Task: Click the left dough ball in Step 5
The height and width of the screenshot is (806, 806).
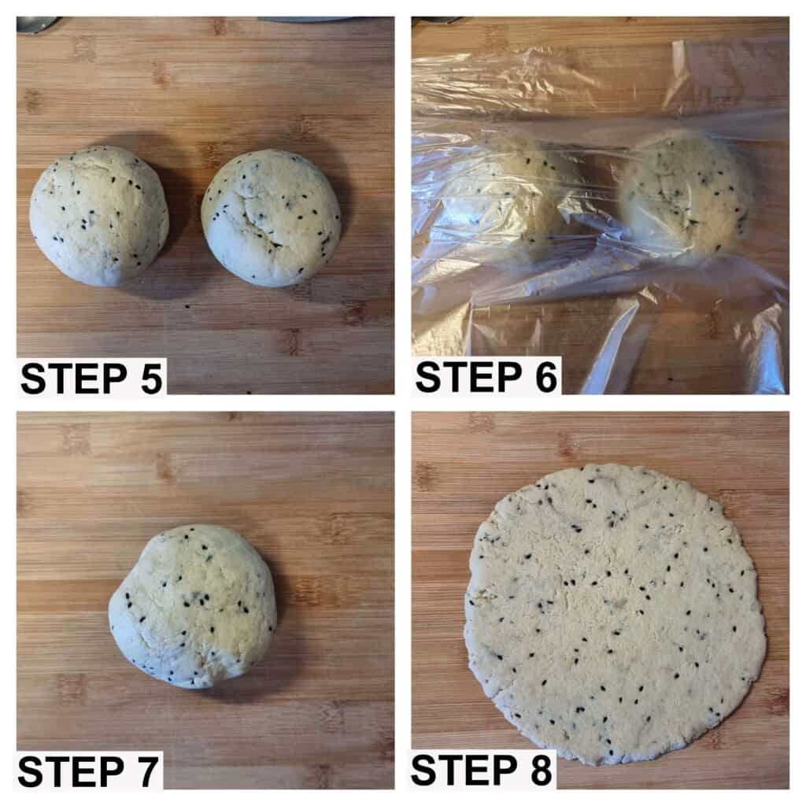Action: [x=99, y=216]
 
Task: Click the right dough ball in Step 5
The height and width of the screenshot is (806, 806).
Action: [x=271, y=217]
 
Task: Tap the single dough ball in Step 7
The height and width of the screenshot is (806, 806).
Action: [x=193, y=606]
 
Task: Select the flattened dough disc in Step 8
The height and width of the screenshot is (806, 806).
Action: [x=615, y=613]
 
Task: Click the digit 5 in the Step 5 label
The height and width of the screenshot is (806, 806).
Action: [x=151, y=379]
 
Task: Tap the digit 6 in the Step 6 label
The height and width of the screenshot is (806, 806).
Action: [x=546, y=378]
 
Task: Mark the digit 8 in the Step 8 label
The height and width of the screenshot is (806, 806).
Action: [x=541, y=771]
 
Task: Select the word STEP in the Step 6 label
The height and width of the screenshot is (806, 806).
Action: [x=469, y=378]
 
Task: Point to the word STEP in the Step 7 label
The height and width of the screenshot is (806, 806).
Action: [x=71, y=772]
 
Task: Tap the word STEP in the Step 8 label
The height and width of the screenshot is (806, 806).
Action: [x=464, y=771]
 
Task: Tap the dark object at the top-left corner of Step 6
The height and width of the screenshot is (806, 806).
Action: [x=437, y=20]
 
